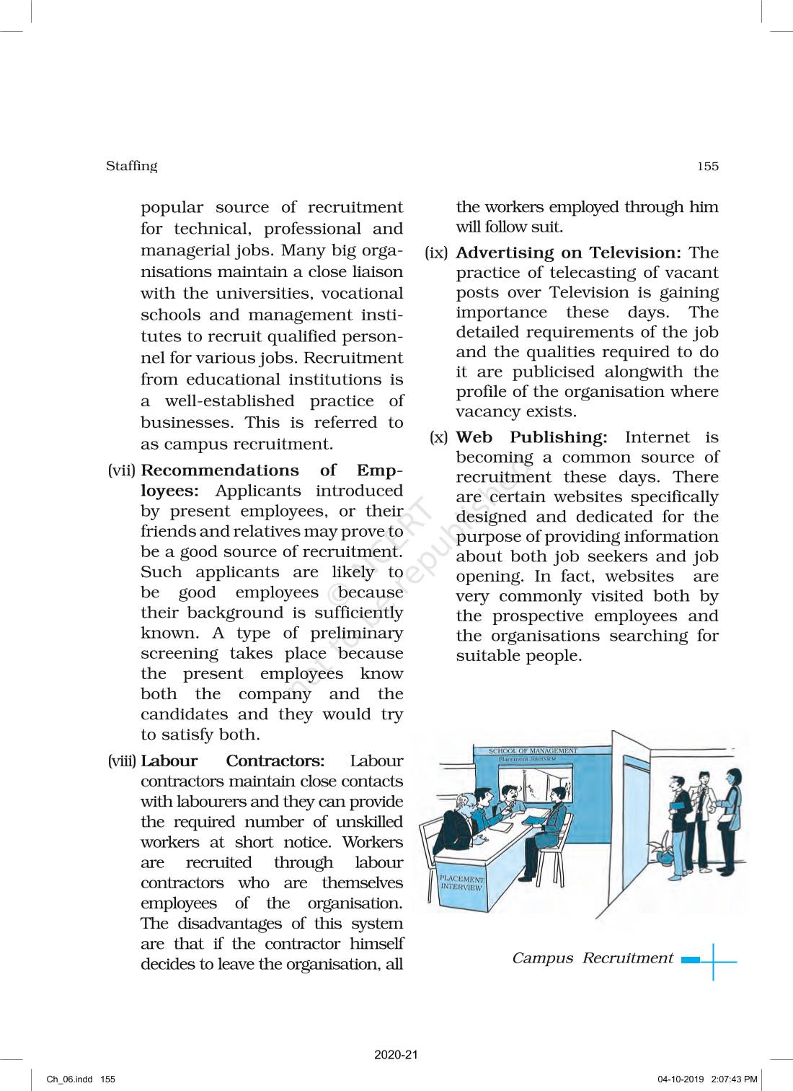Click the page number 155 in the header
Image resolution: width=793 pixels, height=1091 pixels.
pyautogui.click(x=707, y=167)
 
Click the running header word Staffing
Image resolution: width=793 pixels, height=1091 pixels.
pyautogui.click(x=131, y=166)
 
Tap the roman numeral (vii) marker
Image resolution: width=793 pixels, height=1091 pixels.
pyautogui.click(x=122, y=470)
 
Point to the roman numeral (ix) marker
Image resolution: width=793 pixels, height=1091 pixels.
pyautogui.click(x=437, y=253)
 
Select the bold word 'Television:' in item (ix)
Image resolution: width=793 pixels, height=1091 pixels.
pyautogui.click(x=635, y=253)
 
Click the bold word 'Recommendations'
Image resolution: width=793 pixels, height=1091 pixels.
pyautogui.click(x=220, y=470)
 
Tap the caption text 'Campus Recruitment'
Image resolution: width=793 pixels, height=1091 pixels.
pyautogui.click(x=592, y=958)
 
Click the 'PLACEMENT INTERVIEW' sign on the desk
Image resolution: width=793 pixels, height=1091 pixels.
pyautogui.click(x=461, y=883)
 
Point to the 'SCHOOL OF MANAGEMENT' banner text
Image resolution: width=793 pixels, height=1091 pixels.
pyautogui.click(x=533, y=751)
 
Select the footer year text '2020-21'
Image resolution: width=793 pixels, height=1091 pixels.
pyautogui.click(x=396, y=1055)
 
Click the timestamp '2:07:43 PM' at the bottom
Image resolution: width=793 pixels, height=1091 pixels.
pyautogui.click(x=734, y=1079)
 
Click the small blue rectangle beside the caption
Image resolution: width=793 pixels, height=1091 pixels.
pyautogui.click(x=690, y=960)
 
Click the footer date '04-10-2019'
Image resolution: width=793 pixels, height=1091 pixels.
pyautogui.click(x=681, y=1079)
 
